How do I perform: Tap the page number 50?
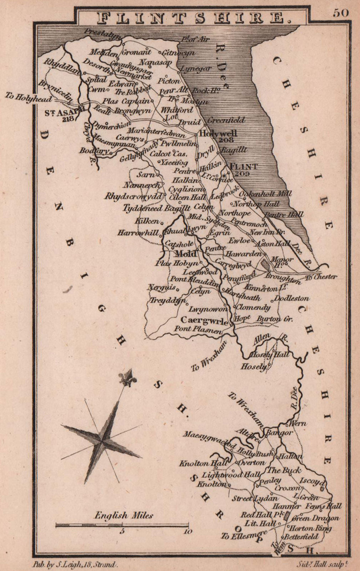point(341,13)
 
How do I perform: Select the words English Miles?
point(124,515)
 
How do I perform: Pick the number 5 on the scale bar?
point(122,531)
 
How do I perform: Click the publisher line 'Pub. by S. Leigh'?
point(74,565)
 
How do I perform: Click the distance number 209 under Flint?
point(242,173)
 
